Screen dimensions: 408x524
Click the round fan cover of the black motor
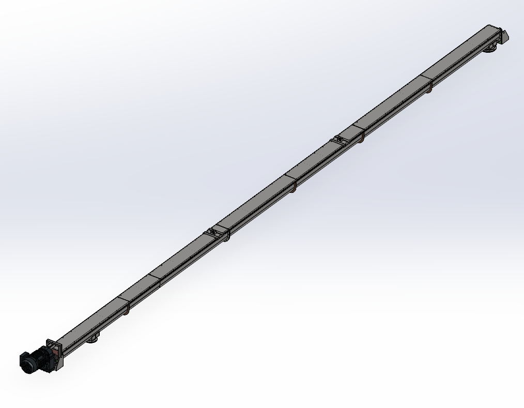25,362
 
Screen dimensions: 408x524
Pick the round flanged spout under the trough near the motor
93,339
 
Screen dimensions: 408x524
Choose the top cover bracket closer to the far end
339,139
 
